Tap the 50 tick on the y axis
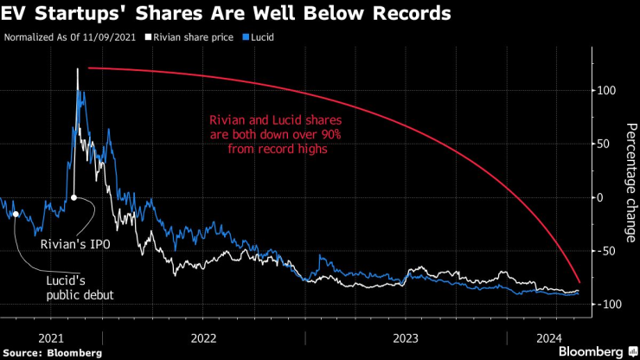[607, 145]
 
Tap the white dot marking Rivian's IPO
[74, 197]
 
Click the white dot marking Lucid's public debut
[16, 214]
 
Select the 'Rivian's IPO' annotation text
[76, 244]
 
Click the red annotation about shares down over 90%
[269, 136]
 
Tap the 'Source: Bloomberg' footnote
[53, 352]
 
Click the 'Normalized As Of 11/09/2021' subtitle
[71, 38]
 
